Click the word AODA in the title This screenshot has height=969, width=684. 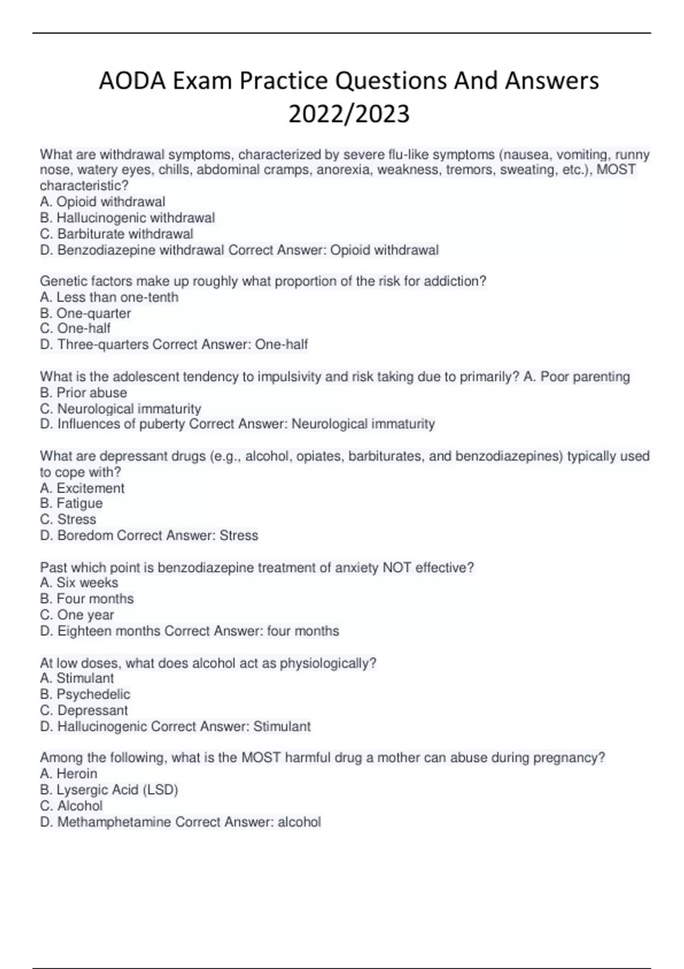click(132, 81)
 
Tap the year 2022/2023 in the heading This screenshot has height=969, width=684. click(349, 114)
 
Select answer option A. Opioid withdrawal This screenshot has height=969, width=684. click(103, 202)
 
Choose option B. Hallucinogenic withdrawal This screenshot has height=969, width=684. click(127, 218)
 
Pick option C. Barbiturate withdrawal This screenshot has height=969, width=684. click(116, 234)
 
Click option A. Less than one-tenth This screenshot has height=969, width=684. click(109, 297)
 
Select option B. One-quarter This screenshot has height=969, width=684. click(85, 313)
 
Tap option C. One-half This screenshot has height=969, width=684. click(75, 328)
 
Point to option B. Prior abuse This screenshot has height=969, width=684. click(83, 392)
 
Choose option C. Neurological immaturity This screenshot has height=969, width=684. click(120, 408)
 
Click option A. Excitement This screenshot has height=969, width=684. click(82, 488)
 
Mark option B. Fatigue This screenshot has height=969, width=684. click(71, 503)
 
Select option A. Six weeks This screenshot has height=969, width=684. click(79, 583)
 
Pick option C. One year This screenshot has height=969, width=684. click(77, 614)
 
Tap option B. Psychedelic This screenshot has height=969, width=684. click(85, 694)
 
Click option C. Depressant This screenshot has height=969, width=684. click(84, 710)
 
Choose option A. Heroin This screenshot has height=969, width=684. click(68, 773)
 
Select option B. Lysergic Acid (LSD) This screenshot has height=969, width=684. click(109, 789)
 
